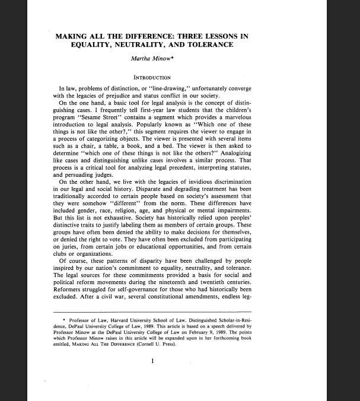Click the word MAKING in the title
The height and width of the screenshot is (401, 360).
coord(73,36)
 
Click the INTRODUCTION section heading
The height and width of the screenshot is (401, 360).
coord(152,77)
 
